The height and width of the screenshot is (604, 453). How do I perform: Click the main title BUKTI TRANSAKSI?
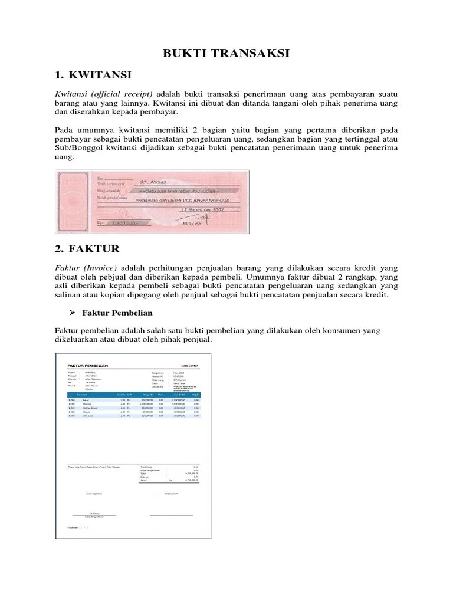pos(226,54)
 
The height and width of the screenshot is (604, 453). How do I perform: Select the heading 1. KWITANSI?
pos(93,75)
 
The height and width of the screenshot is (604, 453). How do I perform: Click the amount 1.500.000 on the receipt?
pos(118,225)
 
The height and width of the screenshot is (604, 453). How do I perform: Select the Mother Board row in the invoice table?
pos(134,408)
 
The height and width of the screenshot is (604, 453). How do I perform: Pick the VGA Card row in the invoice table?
pos(134,416)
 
